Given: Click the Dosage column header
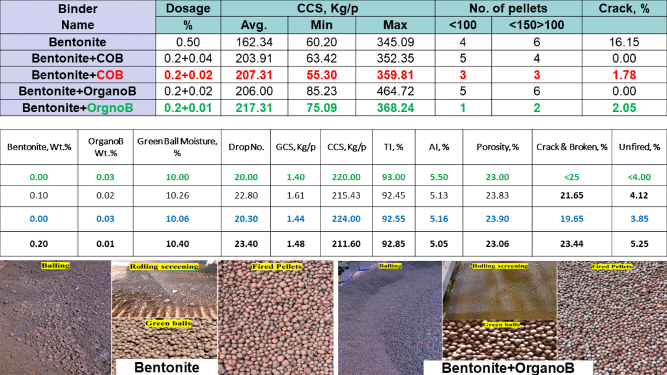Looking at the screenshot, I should coord(188,8).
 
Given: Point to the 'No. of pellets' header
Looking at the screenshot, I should coord(509,8).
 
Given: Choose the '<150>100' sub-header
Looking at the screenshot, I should coord(537,25).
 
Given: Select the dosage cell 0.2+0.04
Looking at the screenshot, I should coord(188,59).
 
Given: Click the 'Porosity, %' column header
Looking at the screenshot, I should coord(497,147).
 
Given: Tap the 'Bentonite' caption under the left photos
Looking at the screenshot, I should coord(166,367).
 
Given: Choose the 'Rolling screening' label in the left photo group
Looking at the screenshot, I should coord(164,267).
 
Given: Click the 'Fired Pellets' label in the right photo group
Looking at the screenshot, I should coord(612,267).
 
